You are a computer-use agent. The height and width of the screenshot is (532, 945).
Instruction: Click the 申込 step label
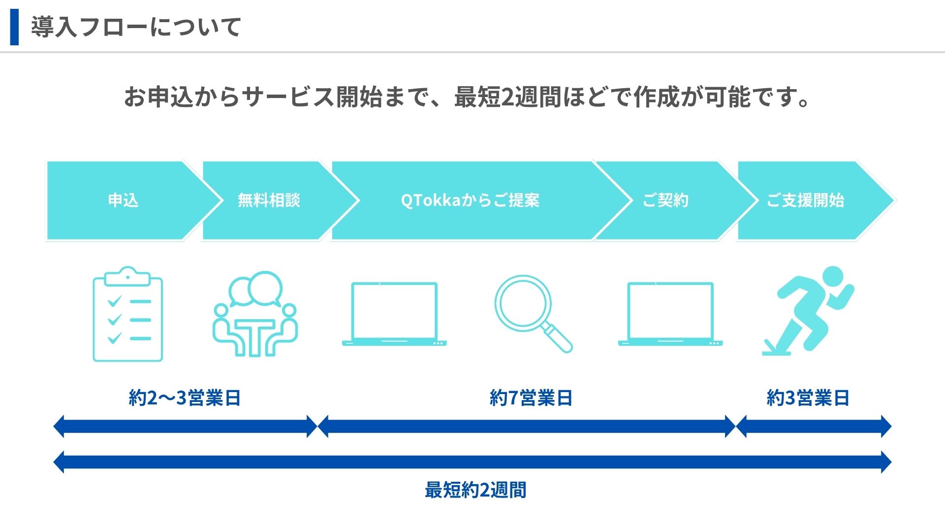point(123,200)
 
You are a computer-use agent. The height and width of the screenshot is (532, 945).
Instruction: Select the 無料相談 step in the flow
point(269,200)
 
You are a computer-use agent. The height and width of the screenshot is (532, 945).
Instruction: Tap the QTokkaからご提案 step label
point(470,200)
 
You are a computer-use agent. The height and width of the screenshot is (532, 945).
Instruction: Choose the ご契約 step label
point(665,200)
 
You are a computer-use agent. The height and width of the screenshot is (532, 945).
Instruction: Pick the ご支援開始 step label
point(805,200)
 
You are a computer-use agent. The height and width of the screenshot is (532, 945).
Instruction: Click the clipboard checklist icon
point(128,314)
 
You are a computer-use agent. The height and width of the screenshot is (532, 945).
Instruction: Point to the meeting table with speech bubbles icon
point(255,314)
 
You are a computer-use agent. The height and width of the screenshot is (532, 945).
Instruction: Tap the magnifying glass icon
point(534,314)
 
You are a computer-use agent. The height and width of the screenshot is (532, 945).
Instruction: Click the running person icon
point(808,311)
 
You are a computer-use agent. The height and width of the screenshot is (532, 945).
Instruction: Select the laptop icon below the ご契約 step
point(670,314)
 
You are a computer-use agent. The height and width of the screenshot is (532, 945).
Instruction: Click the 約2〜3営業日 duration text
point(185,398)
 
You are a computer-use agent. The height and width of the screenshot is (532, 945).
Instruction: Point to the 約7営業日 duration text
point(531,398)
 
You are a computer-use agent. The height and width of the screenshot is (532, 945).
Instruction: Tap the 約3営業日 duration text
point(808,398)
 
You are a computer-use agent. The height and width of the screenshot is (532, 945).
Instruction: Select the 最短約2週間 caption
point(475,490)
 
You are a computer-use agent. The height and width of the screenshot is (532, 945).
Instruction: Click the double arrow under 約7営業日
point(527,427)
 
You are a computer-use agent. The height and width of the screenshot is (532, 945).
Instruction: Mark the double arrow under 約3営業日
point(814,427)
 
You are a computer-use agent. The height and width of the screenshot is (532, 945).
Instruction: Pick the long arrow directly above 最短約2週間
point(472,462)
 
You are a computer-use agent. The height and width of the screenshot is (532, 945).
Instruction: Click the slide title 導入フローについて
point(136,27)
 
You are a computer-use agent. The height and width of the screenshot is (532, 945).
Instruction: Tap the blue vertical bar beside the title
point(14,27)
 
